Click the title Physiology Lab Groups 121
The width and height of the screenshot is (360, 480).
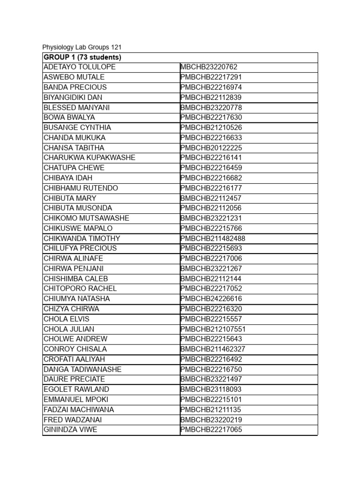(x=82, y=47)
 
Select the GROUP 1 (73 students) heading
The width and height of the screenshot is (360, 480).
(x=82, y=57)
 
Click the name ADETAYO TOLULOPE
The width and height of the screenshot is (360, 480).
(x=79, y=67)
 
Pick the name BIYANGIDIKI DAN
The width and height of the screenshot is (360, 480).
(x=73, y=97)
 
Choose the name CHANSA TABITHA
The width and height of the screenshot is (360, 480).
(x=74, y=148)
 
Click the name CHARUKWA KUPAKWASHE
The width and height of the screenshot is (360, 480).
(x=89, y=157)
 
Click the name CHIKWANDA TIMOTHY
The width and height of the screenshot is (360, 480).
(x=82, y=238)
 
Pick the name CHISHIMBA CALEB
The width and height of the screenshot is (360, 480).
(x=75, y=278)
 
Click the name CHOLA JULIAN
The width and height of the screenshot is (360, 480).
(x=68, y=329)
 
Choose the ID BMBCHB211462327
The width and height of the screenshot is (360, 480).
(x=213, y=349)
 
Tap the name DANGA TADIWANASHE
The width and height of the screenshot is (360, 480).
(x=82, y=369)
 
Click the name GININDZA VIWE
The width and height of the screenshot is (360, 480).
(x=70, y=430)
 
